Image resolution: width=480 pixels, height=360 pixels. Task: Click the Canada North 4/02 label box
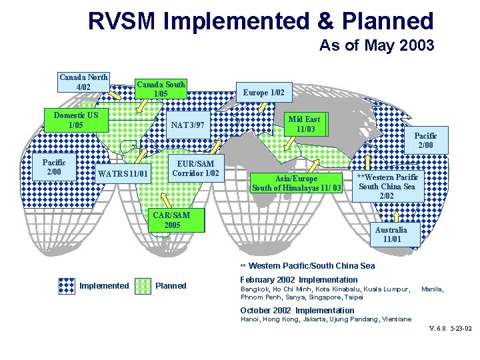(x=84, y=81)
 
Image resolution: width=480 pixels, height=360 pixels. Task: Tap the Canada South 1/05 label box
(x=161, y=89)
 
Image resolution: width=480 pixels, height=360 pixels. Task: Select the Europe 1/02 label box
(x=264, y=92)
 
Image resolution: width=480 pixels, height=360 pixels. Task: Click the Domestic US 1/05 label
(x=75, y=119)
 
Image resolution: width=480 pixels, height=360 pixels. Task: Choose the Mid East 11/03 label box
(x=304, y=124)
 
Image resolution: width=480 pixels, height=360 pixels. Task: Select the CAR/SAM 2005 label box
(x=171, y=219)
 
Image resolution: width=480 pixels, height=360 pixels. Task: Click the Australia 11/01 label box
(x=391, y=234)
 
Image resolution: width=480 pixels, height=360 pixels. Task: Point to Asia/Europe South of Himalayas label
(x=297, y=183)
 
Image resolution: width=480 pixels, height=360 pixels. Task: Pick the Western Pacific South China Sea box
(x=387, y=186)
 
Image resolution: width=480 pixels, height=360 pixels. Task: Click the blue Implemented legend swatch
(x=65, y=286)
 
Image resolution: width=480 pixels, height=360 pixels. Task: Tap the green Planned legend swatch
(x=143, y=286)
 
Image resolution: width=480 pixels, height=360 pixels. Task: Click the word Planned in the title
(x=387, y=21)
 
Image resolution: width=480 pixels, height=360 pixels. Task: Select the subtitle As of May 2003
(x=377, y=45)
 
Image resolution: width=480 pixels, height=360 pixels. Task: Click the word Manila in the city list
(x=432, y=289)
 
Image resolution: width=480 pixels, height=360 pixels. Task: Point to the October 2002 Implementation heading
(x=297, y=310)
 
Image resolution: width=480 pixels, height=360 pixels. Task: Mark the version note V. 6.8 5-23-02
(x=451, y=329)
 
